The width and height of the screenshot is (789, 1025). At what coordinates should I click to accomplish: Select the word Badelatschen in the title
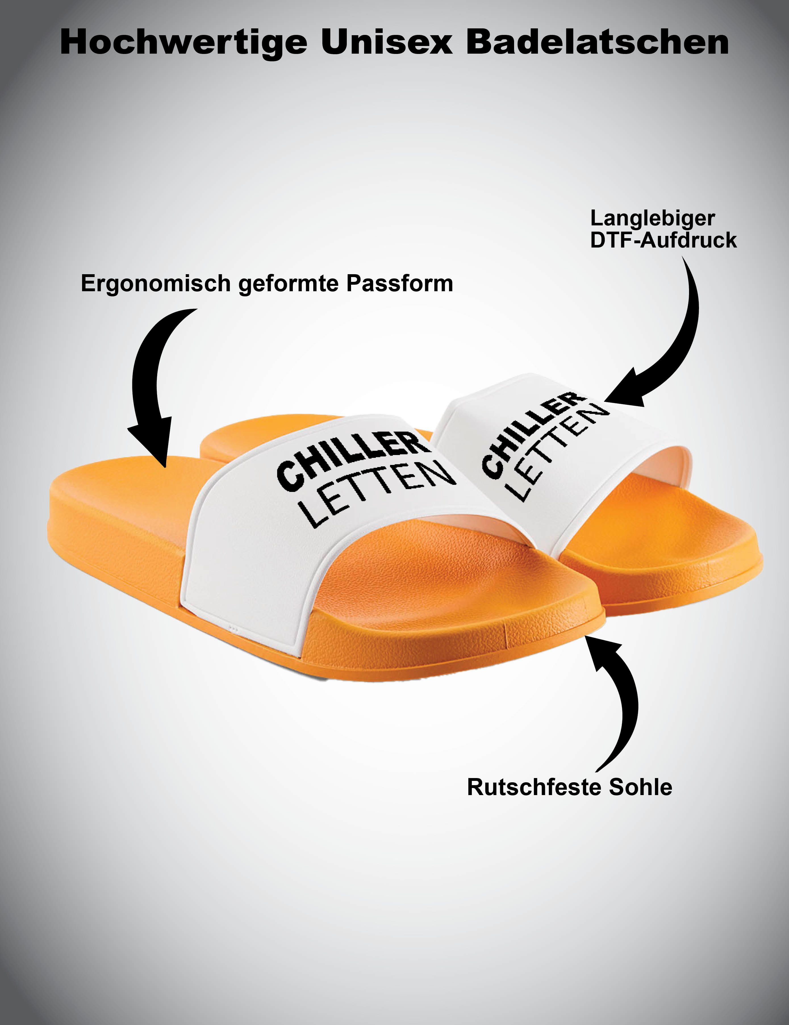pyautogui.click(x=597, y=43)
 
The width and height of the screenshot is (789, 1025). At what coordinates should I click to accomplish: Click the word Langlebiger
pyautogui.click(x=653, y=219)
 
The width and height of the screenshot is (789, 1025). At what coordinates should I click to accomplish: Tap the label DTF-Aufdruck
pyautogui.click(x=663, y=240)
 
